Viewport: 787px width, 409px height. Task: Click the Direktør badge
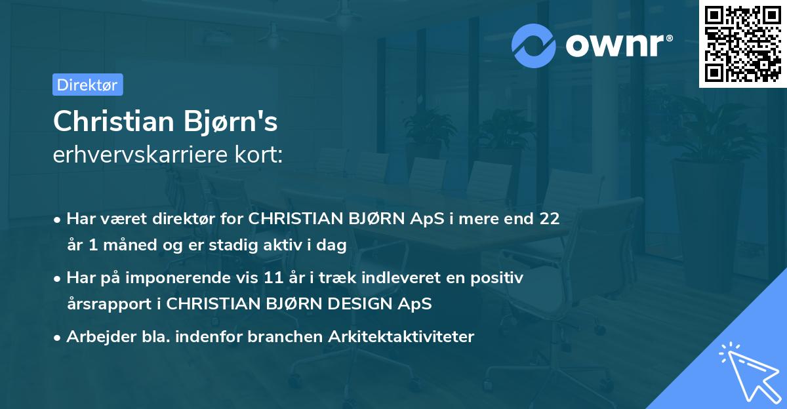pos(87,85)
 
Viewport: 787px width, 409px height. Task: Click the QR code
pos(742,44)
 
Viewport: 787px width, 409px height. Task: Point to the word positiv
pos(499,278)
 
